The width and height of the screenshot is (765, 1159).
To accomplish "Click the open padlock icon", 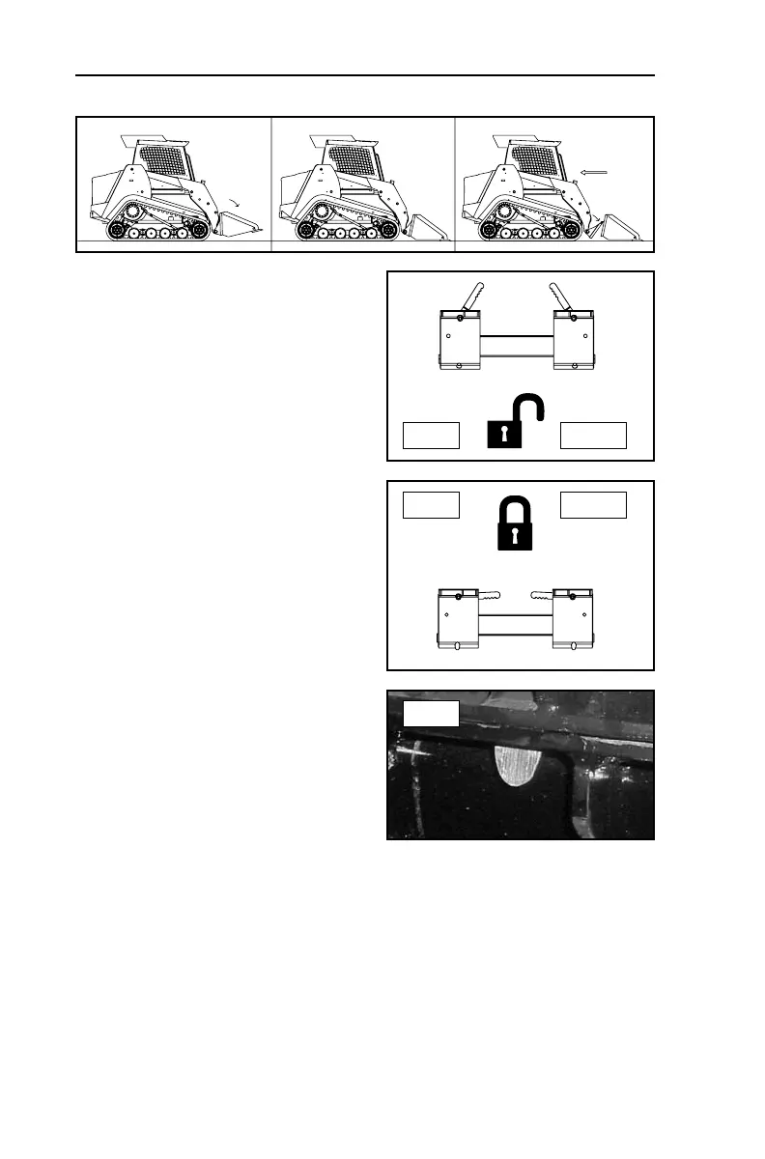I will [x=511, y=427].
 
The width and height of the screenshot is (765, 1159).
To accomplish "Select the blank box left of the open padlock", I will [x=431, y=436].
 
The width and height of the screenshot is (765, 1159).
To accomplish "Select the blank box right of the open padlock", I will [x=594, y=436].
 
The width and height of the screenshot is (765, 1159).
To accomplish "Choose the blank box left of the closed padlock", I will [x=431, y=505].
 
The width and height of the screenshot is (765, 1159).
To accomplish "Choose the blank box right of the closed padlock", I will [x=594, y=505].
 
